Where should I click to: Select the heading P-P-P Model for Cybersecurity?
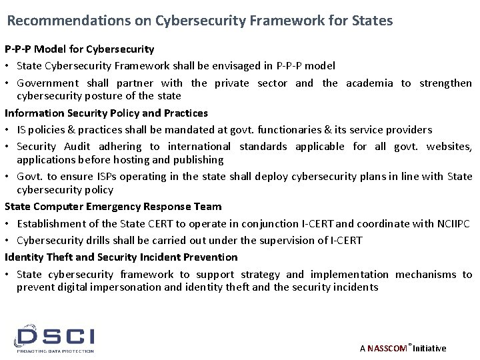(x=79, y=49)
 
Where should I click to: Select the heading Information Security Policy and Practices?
(x=106, y=113)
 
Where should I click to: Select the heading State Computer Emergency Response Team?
(x=113, y=207)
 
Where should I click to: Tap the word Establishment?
(x=49, y=223)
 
